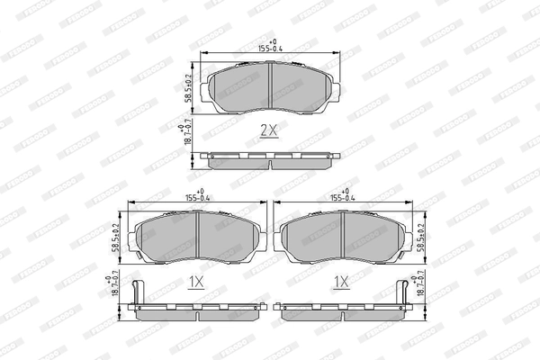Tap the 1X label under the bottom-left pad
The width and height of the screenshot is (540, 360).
(196, 282)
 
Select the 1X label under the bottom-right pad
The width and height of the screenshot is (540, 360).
(341, 282)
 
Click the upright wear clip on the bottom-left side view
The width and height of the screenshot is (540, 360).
(134, 292)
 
